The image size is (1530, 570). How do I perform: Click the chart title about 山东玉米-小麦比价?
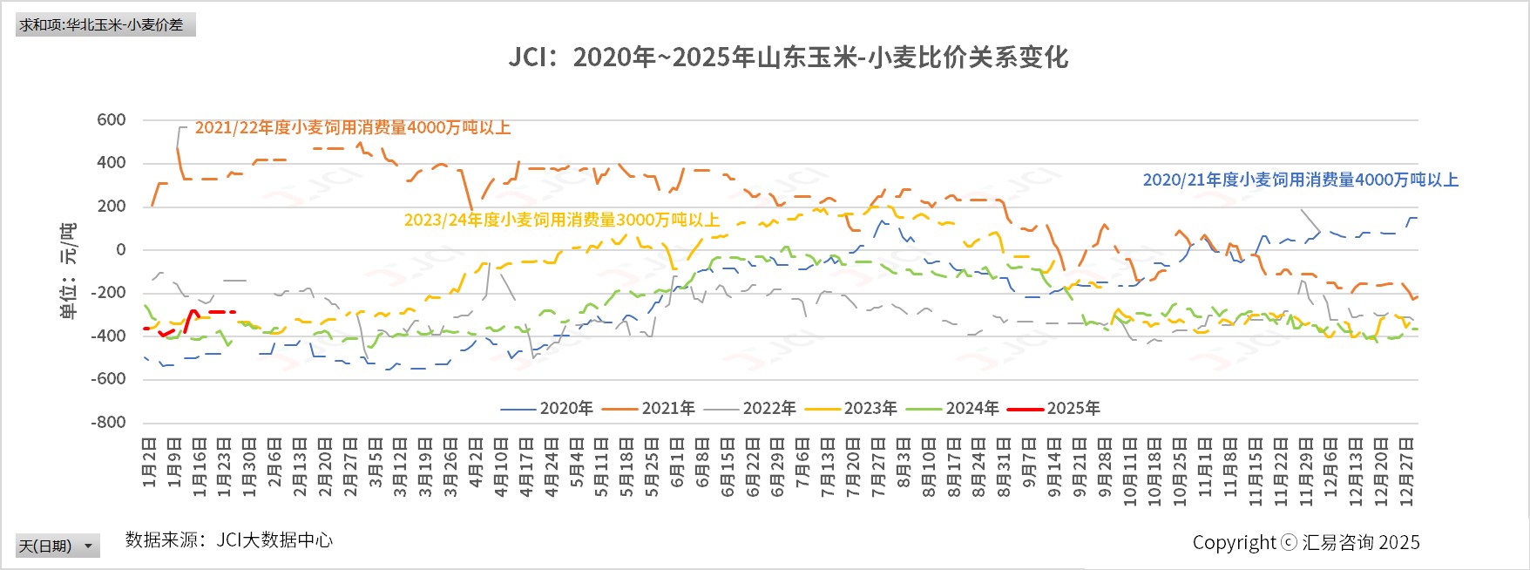pos(789,58)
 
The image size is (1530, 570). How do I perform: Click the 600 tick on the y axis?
pos(112,120)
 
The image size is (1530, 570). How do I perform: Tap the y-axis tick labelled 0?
pos(120,250)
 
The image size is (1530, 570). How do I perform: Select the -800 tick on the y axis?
pos(108,423)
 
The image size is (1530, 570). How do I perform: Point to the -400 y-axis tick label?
pos(108,336)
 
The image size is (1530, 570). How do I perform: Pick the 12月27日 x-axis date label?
pos(1405,471)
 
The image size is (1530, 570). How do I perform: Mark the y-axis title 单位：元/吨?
pos(68,270)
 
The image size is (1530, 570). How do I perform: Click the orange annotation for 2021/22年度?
pos(352,128)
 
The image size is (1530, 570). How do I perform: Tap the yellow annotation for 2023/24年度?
pos(561,221)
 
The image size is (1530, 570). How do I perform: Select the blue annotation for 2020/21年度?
pos(1300,180)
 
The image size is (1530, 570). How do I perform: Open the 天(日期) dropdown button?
pos(58,546)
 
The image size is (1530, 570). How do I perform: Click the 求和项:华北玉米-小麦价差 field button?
pos(105,24)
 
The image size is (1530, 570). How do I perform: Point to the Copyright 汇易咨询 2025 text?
pos(1305,543)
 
